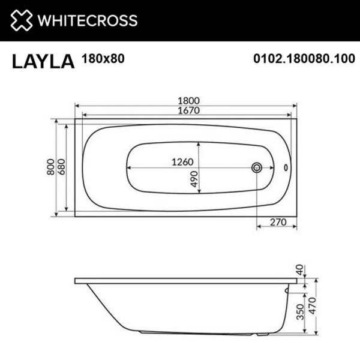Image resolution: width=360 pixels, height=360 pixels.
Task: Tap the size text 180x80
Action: (x=101, y=59)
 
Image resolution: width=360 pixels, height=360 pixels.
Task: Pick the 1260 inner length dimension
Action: (x=184, y=163)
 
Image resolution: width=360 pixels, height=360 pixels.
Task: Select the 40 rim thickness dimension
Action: (x=299, y=270)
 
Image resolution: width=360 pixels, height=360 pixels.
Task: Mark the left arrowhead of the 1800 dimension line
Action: (x=77, y=108)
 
